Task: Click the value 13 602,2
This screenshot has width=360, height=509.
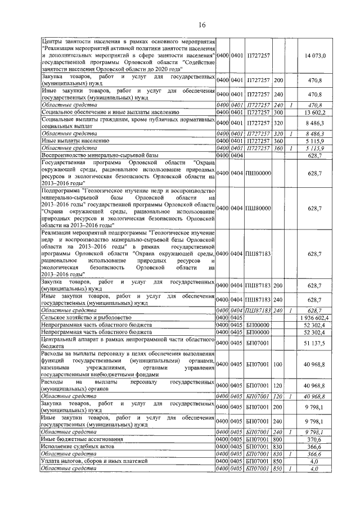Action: [317, 112]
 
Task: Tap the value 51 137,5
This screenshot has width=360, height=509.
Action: [317, 343]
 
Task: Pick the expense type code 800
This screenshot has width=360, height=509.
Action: [278, 438]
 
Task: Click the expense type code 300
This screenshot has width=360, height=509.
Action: [278, 112]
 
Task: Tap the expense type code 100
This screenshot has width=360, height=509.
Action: [278, 364]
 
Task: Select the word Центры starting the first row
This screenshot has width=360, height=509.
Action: [53, 42]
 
